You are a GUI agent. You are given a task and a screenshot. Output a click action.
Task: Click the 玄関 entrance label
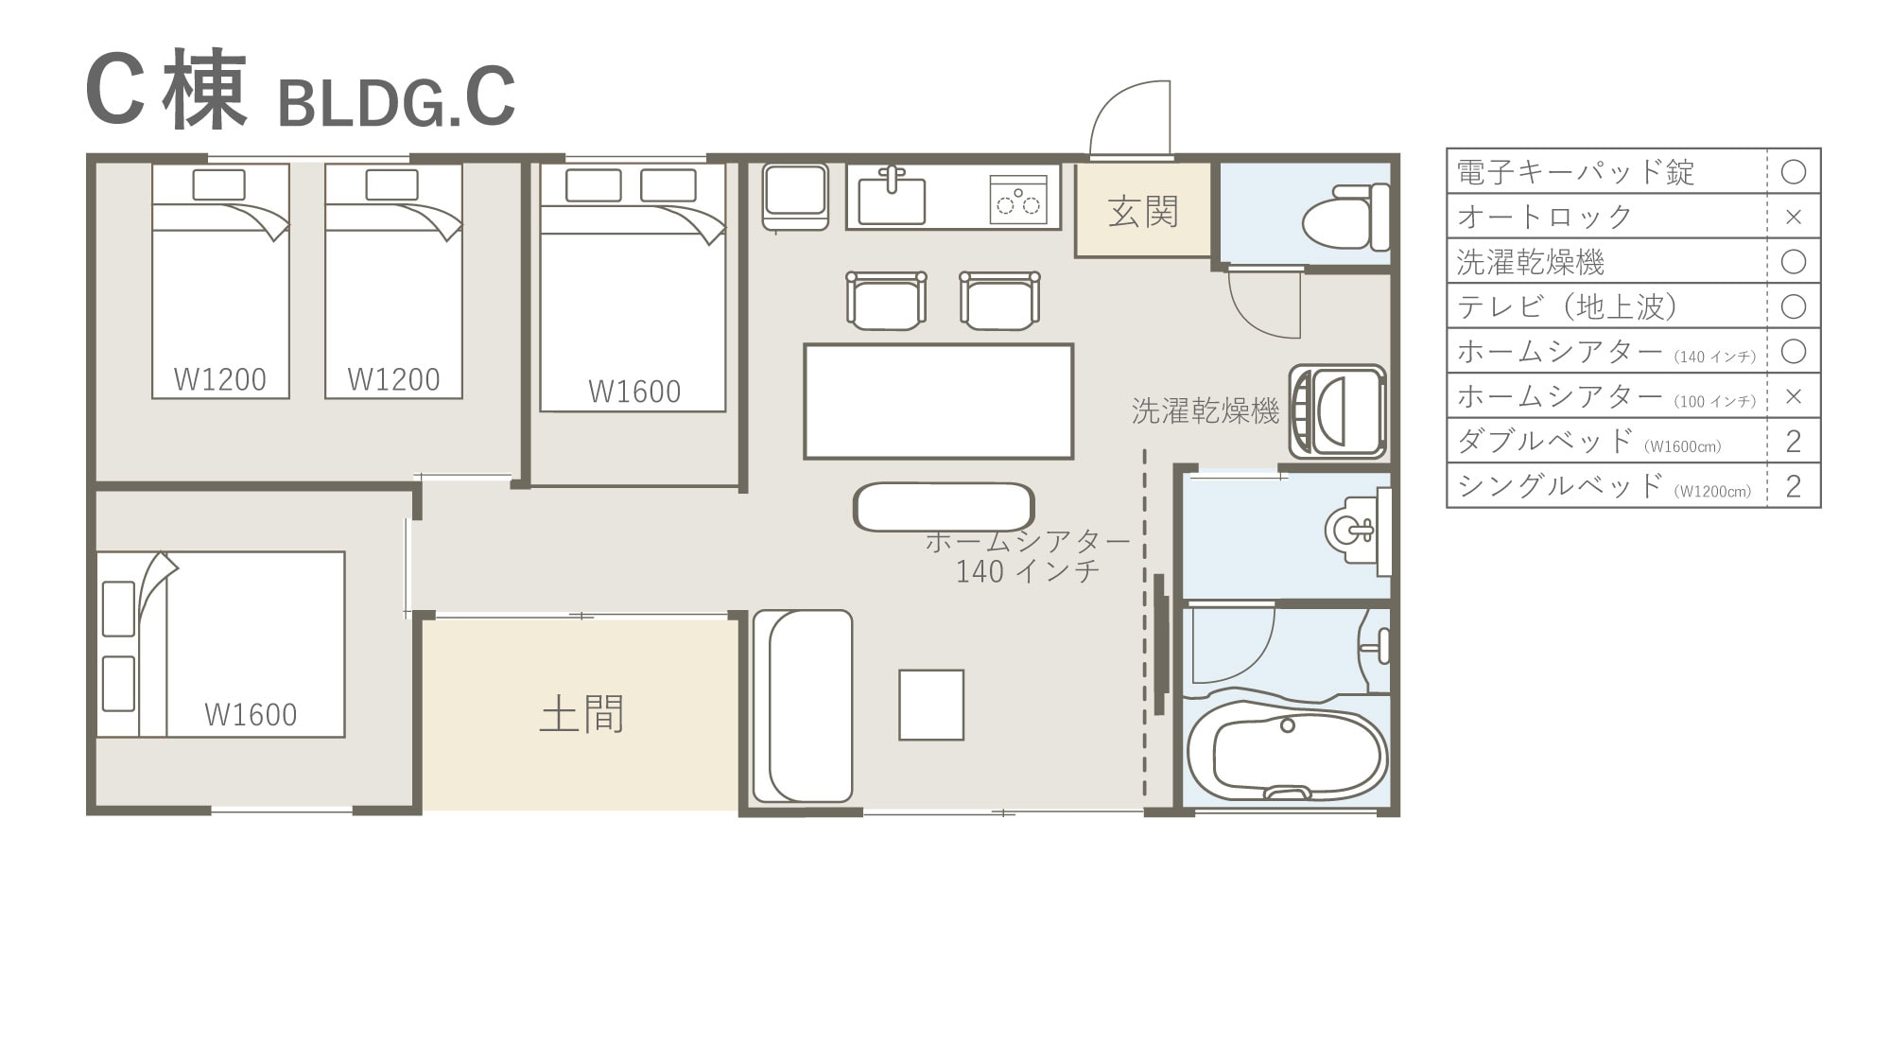1142,212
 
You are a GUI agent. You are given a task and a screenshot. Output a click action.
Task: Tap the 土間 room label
581,714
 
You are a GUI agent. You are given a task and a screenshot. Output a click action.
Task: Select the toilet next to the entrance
1345,218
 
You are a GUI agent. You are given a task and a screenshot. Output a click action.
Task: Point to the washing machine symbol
1337,411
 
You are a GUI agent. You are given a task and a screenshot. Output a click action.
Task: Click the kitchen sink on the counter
891,196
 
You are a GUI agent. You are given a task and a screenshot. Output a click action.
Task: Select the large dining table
938,401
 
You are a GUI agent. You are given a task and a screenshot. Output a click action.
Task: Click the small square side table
931,705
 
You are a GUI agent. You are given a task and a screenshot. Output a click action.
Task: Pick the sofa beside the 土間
803,706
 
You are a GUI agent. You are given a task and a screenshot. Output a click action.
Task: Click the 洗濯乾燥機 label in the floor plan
1206,410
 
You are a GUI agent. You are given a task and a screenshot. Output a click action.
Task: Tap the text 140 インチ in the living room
1028,571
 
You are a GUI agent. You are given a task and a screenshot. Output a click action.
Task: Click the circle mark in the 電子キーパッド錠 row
1793,171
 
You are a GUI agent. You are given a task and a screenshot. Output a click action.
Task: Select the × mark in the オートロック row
1793,217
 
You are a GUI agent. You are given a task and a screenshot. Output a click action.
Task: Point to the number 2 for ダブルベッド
1793,441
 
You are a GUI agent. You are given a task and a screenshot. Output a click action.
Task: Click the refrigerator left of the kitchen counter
795,196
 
